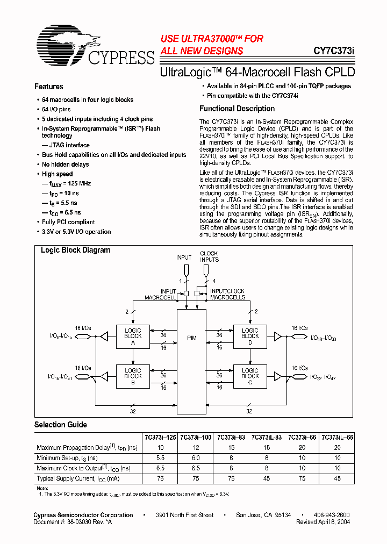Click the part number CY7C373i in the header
pos(334,52)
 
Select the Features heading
pos(49,87)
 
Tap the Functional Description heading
pos(237,109)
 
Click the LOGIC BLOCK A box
pos(133,337)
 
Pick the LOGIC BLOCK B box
pos(133,376)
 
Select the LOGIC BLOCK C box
pos(250,376)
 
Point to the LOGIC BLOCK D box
pos(250,337)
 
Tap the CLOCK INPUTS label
pos(209,257)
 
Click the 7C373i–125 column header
pos(161,438)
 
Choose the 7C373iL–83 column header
pos(267,438)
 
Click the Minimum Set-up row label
pos(67,458)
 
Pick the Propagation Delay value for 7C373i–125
pos(160,448)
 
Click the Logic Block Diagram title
pos(75,250)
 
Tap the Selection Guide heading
pos(61,425)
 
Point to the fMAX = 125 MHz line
pos(69,184)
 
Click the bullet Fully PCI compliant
pos(68,222)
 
